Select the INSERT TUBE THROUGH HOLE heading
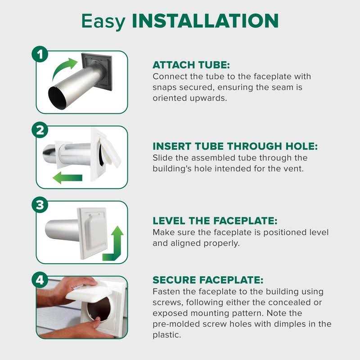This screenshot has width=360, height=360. (235, 147)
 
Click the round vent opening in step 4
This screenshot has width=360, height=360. (100, 309)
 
